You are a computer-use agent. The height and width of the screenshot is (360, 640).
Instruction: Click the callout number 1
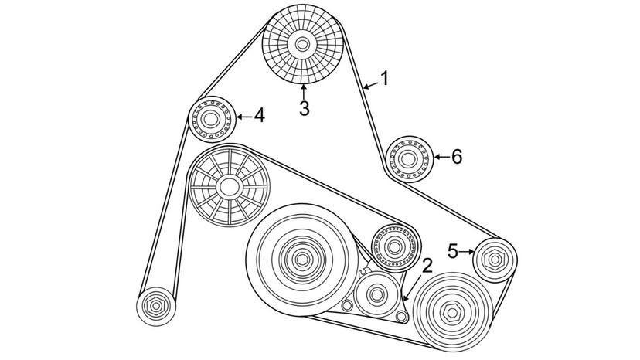click(x=384, y=78)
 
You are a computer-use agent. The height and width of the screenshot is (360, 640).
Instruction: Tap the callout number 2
click(x=426, y=266)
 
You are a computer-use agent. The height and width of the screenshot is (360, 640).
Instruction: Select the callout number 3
click(x=304, y=109)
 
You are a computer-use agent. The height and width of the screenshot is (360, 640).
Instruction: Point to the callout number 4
click(x=259, y=116)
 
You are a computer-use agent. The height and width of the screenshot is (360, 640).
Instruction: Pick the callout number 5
click(x=452, y=251)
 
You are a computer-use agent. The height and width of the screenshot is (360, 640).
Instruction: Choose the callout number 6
click(x=456, y=157)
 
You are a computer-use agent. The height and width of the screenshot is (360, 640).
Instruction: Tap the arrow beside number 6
click(x=441, y=157)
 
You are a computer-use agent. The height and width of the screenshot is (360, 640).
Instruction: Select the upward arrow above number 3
click(x=303, y=91)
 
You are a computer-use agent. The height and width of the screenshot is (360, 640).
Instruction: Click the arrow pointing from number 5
click(x=466, y=252)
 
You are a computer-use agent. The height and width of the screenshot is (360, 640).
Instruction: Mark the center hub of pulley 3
click(x=302, y=44)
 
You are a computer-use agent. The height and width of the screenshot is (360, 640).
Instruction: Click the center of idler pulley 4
click(x=210, y=119)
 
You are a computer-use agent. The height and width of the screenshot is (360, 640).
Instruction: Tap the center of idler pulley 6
click(x=408, y=159)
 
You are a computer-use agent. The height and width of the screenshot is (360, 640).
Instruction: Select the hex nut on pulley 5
click(x=495, y=260)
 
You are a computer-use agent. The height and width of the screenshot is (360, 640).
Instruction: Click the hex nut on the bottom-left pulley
click(x=156, y=306)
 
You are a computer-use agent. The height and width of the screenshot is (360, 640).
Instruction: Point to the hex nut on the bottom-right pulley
click(x=452, y=313)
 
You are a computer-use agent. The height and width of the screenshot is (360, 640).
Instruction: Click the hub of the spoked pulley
click(x=229, y=188)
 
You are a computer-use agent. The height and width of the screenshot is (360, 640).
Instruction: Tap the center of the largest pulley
click(x=301, y=259)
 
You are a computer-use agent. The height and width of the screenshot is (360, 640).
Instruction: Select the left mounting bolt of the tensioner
click(x=347, y=305)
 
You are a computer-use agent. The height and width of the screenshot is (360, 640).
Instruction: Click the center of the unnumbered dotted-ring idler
click(x=394, y=247)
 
